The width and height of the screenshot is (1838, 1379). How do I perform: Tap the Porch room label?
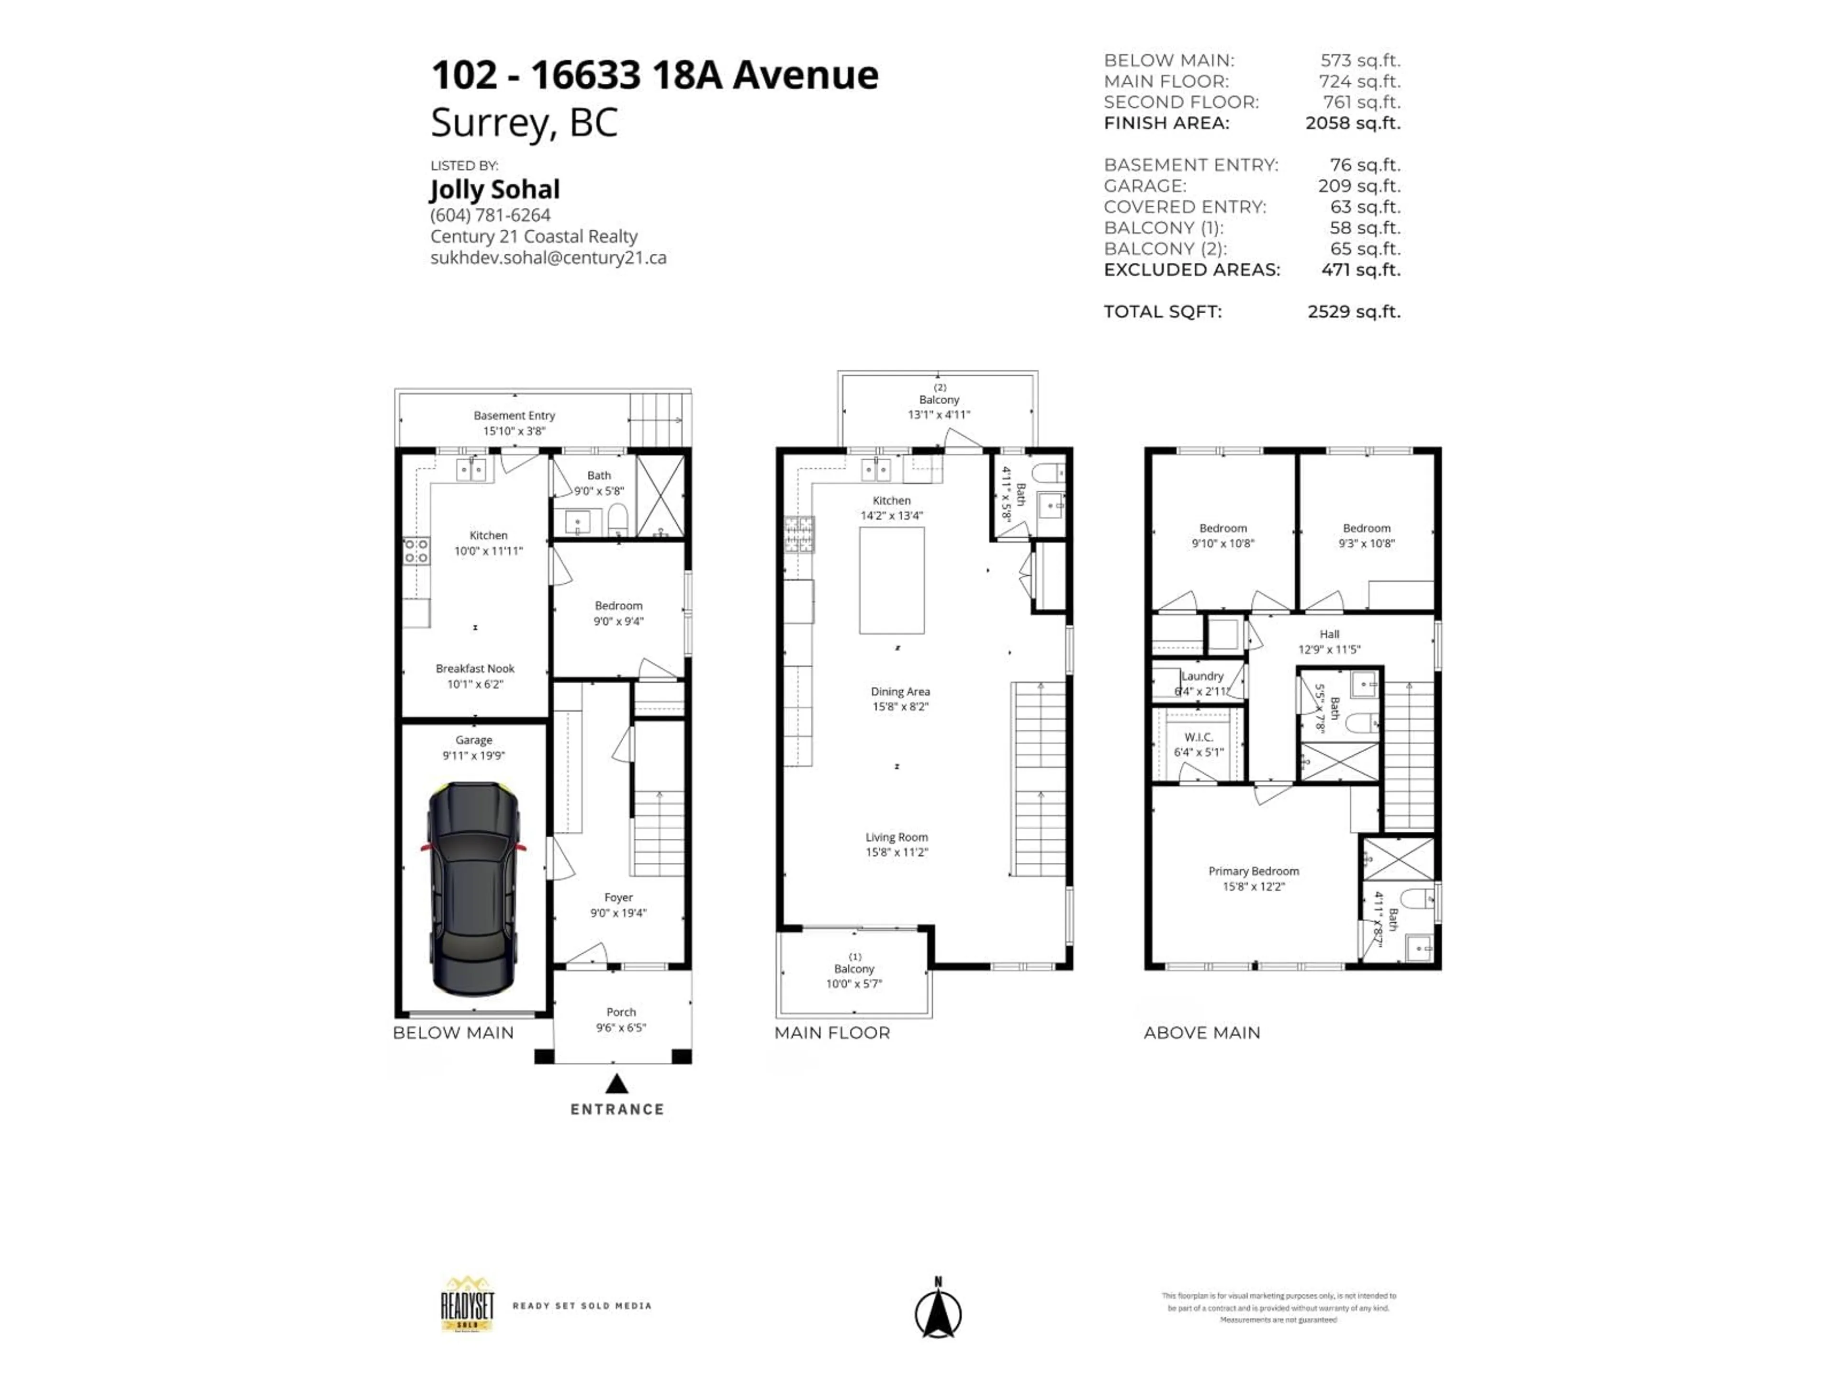[621, 1012]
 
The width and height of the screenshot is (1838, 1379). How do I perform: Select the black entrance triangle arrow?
[616, 1084]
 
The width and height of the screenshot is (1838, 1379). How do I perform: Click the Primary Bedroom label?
[1253, 871]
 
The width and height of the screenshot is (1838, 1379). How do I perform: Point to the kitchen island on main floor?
[892, 580]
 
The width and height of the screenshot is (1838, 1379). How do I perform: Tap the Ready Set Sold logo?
[467, 1305]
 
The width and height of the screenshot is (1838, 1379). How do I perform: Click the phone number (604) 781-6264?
[490, 215]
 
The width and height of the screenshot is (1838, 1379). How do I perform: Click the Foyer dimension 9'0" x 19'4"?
[618, 913]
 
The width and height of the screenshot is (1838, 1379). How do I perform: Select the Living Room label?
[897, 837]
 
